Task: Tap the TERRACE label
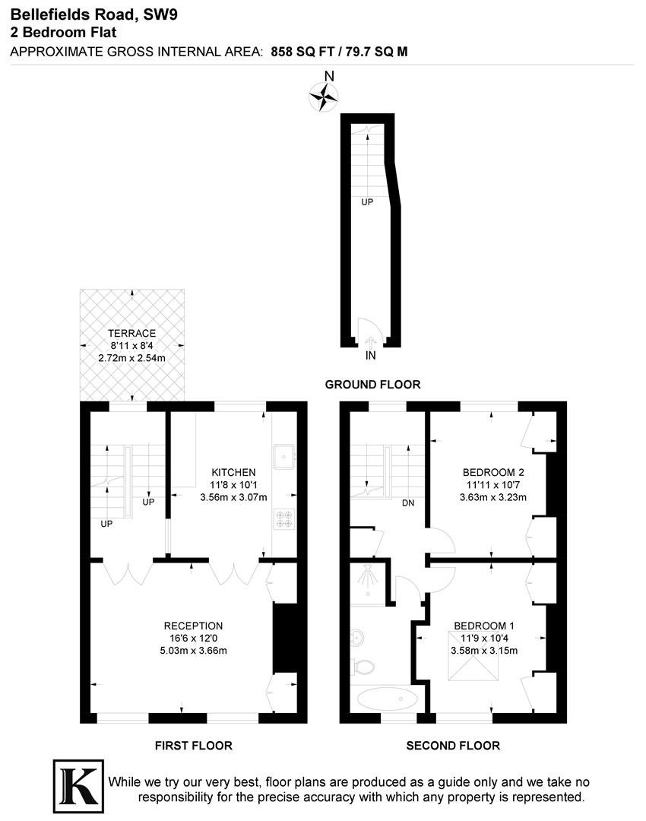131,333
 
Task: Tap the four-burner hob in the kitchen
284,518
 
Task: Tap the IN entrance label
370,355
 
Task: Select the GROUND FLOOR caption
372,385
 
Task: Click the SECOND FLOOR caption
453,746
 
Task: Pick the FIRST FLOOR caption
194,746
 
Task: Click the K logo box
77,783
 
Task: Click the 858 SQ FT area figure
301,51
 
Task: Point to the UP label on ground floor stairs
367,202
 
